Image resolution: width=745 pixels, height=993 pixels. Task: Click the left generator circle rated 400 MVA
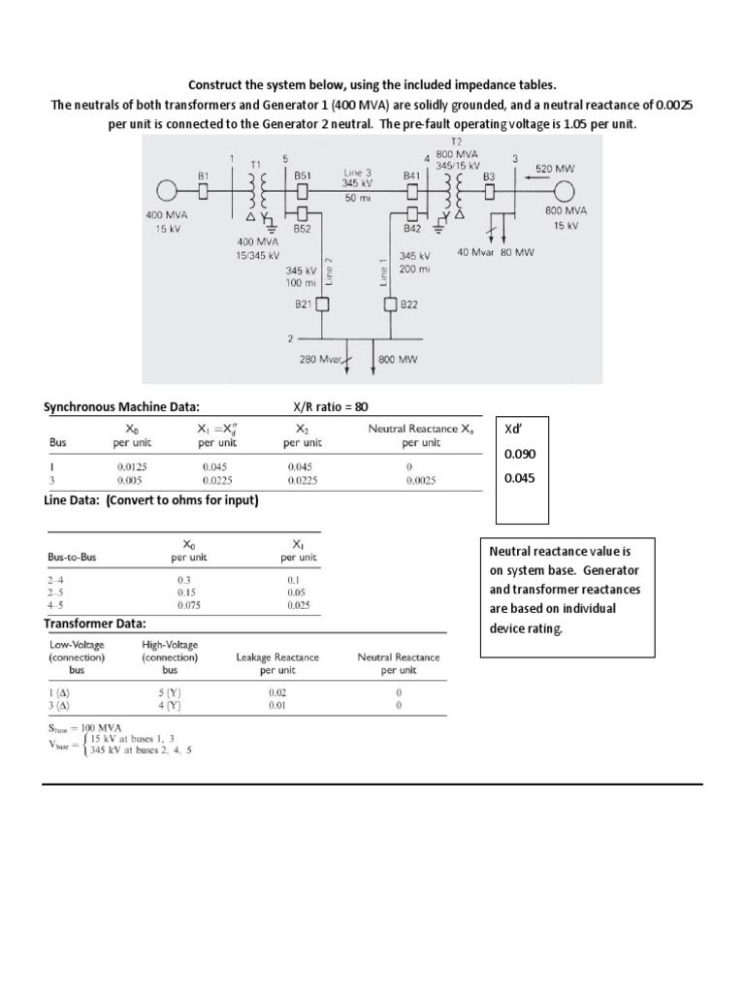pyautogui.click(x=171, y=189)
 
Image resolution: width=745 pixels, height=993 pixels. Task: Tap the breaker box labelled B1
pyautogui.click(x=205, y=189)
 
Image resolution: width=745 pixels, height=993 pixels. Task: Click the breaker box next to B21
pyautogui.click(x=323, y=304)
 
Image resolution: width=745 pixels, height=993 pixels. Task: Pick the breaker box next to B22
pyautogui.click(x=391, y=304)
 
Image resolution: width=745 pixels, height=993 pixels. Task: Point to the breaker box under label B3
pyautogui.click(x=490, y=190)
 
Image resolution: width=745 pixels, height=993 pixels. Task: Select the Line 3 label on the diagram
pyautogui.click(x=353, y=171)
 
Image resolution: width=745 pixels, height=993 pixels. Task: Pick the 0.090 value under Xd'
pyautogui.click(x=518, y=454)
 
